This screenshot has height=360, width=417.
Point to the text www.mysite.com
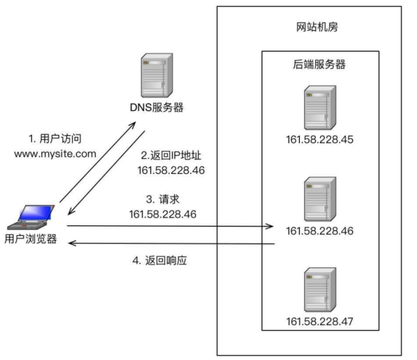54,154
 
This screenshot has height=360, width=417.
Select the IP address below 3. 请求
163,213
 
